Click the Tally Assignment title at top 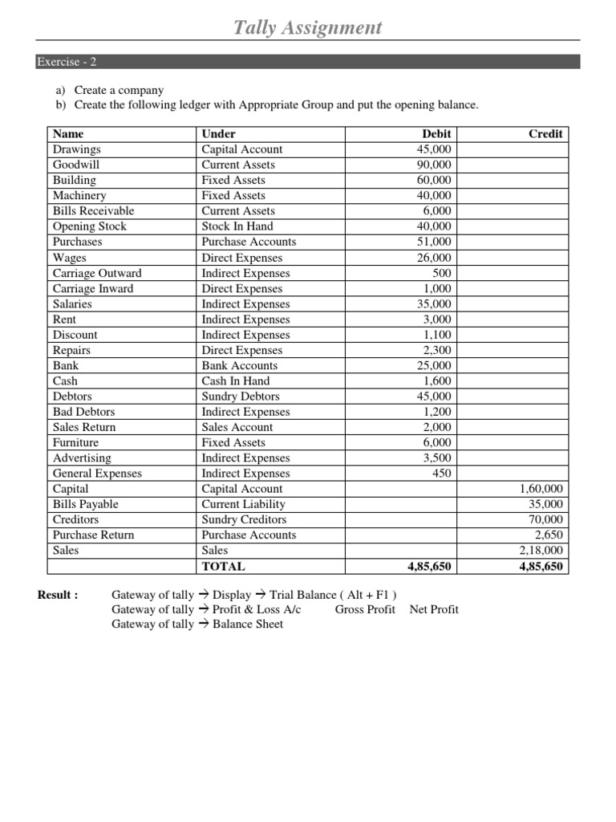point(307,28)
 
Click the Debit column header point(436,134)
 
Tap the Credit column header point(545,134)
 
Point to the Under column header point(218,134)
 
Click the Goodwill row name point(76,165)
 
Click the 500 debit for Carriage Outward point(441,273)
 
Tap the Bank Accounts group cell point(240,365)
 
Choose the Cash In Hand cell point(236,381)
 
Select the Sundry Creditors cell point(244,519)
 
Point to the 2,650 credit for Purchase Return point(549,535)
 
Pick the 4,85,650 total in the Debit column point(429,566)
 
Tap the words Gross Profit point(365,609)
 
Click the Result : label point(58,595)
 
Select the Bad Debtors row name point(83,412)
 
